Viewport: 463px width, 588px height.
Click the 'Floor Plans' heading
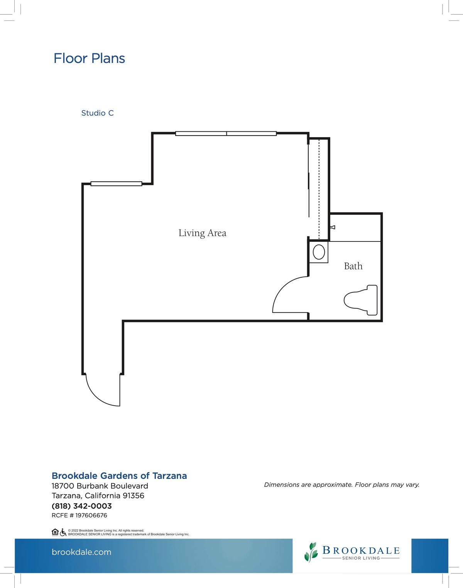[x=89, y=58]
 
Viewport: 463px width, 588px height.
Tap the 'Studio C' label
[x=97, y=113]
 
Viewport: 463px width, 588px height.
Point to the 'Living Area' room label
[x=203, y=233]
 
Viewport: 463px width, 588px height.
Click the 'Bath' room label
[x=353, y=266]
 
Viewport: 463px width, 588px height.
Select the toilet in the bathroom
[x=361, y=300]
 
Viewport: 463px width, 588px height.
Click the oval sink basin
[x=319, y=252]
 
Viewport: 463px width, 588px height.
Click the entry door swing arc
[x=96, y=397]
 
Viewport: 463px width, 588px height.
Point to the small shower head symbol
[x=333, y=227]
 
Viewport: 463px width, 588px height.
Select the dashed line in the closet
[x=319, y=189]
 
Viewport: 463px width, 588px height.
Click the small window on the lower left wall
[x=116, y=184]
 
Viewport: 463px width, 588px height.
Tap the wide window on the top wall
[x=226, y=134]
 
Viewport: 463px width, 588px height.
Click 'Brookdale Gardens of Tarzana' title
[x=119, y=476]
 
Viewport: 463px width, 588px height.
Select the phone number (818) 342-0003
[x=81, y=506]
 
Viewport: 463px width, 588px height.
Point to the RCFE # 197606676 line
[x=79, y=515]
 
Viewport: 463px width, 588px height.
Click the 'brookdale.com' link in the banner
[x=81, y=552]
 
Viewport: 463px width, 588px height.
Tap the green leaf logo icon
[x=311, y=552]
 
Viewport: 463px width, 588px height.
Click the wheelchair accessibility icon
[x=63, y=532]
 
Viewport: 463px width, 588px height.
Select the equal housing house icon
[x=55, y=532]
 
